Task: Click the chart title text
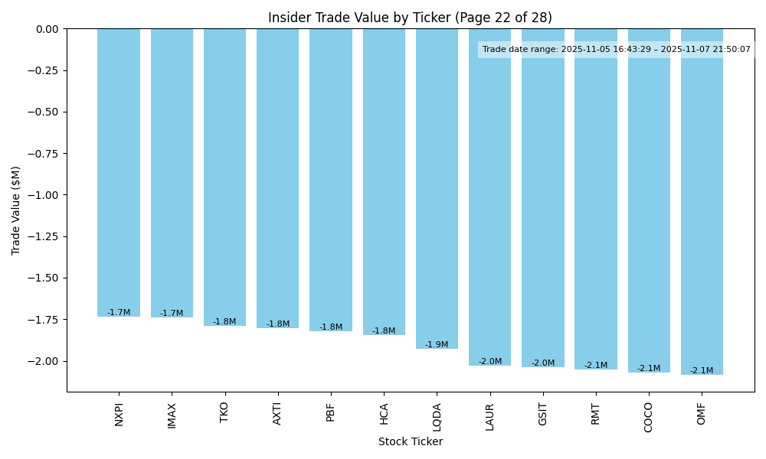(410, 18)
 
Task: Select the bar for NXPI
(119, 172)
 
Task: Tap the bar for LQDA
(437, 188)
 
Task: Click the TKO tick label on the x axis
(224, 412)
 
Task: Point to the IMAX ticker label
(172, 415)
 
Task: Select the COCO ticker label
(649, 417)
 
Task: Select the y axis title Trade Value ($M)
(16, 210)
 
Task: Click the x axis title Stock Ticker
(410, 441)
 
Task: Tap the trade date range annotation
(616, 50)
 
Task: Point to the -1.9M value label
(437, 345)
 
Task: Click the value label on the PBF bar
(331, 327)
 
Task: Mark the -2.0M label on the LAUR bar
(490, 362)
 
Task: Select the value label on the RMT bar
(596, 366)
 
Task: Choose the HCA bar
(384, 181)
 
